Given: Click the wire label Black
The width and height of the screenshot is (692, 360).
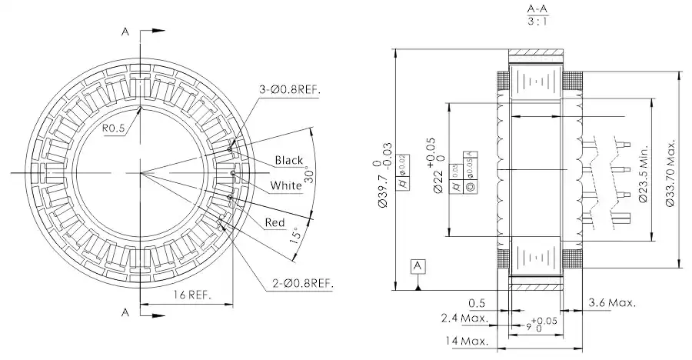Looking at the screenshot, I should pyautogui.click(x=289, y=160).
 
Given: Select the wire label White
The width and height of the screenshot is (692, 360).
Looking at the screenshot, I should pyautogui.click(x=286, y=185).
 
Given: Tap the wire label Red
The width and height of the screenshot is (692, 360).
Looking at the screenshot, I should pyautogui.click(x=274, y=222).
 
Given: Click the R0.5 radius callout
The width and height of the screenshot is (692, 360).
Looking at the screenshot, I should pyautogui.click(x=114, y=128).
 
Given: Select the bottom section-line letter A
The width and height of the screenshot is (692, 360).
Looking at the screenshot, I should pyautogui.click(x=125, y=312).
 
